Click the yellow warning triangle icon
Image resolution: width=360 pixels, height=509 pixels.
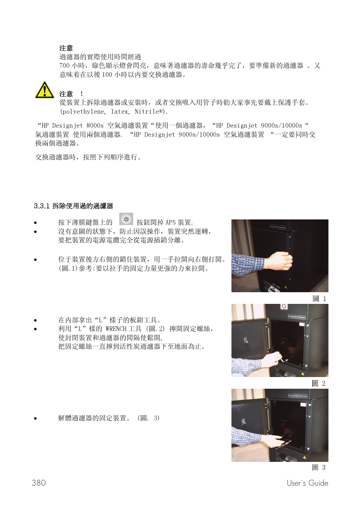[x=45, y=90]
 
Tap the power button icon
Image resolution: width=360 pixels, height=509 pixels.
[x=126, y=219]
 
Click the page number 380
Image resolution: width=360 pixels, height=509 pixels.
[x=39, y=483]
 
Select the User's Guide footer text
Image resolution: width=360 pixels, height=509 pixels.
[x=307, y=483]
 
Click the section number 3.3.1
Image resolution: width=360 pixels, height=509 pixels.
[x=42, y=206]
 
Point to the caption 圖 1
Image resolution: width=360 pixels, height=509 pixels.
[x=319, y=299]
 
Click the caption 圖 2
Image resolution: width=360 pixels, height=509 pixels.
[x=318, y=383]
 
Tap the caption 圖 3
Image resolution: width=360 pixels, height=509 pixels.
[x=318, y=468]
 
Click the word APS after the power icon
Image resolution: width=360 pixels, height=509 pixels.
[x=171, y=222]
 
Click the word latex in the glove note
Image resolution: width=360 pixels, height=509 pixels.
[x=120, y=112]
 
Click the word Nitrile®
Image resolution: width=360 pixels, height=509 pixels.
[x=149, y=112]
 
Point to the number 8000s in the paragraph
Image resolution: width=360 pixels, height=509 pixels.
[x=95, y=126]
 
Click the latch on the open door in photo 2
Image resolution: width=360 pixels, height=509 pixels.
[x=246, y=341]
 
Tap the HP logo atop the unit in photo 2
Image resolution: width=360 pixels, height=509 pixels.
[x=284, y=306]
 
